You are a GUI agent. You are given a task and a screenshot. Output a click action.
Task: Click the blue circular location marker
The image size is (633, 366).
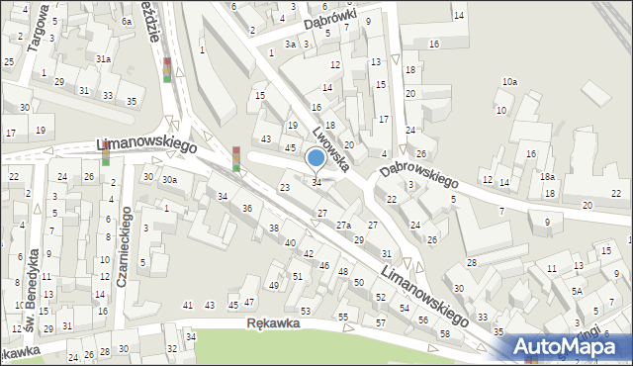pos(316,157)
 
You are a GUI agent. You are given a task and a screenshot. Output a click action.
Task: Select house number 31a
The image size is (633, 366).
pos(103,59)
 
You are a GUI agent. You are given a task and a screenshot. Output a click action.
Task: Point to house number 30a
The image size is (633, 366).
pos(169,179)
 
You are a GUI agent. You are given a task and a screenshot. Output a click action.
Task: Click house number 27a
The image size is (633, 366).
pos(342,226)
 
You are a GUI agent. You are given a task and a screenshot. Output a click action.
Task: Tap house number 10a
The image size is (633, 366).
pos(509,81)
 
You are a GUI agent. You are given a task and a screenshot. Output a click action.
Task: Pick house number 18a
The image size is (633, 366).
pos(547,176)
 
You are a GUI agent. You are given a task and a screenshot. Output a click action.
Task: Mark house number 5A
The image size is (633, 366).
pos(577,292)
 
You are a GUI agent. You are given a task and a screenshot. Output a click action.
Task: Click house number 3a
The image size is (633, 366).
pos(291,45)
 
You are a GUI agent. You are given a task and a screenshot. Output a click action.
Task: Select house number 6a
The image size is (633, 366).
pos(127,21)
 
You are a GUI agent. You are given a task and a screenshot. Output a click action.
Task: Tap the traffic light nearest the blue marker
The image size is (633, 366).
pos(236,158)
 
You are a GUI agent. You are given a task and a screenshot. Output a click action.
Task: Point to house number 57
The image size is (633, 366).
pos(380,323)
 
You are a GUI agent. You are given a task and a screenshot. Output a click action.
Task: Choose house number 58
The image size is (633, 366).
pos(445,333)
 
